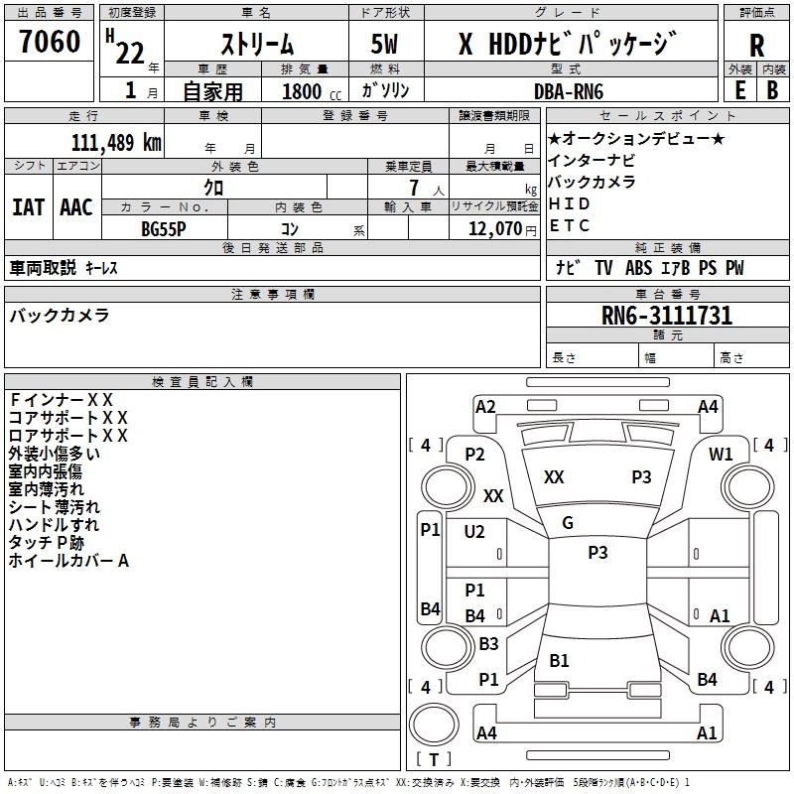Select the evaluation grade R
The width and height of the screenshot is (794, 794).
coord(756,46)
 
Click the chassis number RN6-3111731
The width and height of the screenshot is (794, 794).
coord(667,316)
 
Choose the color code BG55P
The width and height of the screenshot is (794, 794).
coord(164,227)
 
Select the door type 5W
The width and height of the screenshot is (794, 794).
coord(386,46)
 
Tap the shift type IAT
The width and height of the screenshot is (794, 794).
coord(28,206)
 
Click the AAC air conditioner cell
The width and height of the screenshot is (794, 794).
coord(76,206)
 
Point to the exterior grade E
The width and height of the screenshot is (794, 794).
coord(739,89)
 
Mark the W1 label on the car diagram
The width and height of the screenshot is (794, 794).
coord(721,455)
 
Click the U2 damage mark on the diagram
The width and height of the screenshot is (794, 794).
coord(474,532)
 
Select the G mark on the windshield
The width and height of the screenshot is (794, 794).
coord(568,523)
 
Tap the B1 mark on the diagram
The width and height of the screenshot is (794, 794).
coord(560,661)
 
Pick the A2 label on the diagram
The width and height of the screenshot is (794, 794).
coord(485,406)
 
